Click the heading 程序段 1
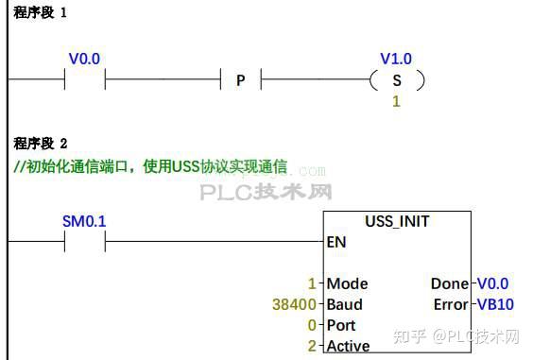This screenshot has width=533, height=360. click(40, 13)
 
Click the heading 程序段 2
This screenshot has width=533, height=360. click(40, 144)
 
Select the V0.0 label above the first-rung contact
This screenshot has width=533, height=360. click(84, 59)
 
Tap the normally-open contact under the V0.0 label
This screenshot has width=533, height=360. click(84, 80)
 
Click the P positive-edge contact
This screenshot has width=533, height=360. click(240, 80)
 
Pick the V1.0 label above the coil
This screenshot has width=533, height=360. click(396, 59)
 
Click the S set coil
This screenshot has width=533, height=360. click(396, 80)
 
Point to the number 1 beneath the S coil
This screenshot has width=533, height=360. click(396, 101)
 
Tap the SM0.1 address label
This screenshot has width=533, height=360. click(84, 221)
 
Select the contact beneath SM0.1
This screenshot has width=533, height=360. click(84, 242)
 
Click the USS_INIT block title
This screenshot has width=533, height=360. click(397, 222)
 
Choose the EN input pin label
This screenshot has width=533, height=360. click(336, 242)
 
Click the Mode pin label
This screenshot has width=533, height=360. click(347, 283)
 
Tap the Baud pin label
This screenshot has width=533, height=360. click(345, 304)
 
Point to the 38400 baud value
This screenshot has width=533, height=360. click(292, 304)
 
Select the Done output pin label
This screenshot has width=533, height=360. click(449, 283)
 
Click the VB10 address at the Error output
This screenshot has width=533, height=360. click(494, 304)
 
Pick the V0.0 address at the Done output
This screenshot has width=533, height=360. click(492, 283)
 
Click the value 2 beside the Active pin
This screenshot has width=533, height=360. click(312, 346)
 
